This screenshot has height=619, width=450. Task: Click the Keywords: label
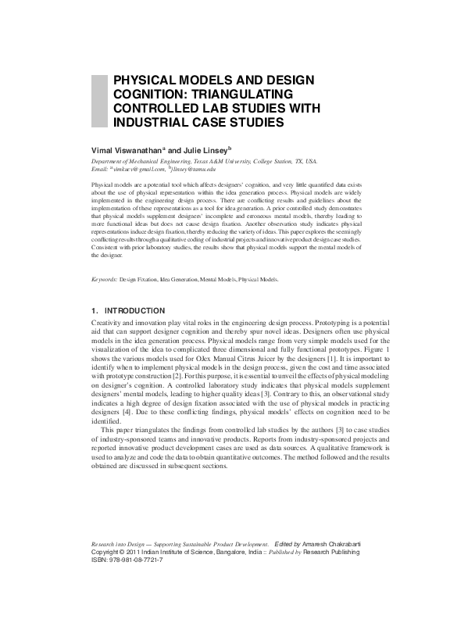pyautogui.click(x=104, y=278)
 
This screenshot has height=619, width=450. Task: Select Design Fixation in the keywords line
pyautogui.click(x=137, y=278)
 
